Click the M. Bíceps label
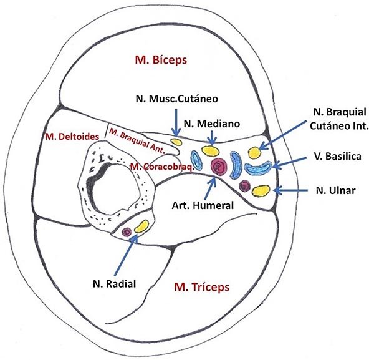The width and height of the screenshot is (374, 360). (x=161, y=60)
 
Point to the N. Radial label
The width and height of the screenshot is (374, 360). (x=113, y=282)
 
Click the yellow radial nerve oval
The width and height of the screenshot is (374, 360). (x=141, y=226)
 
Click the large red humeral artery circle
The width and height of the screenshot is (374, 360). (x=218, y=166)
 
